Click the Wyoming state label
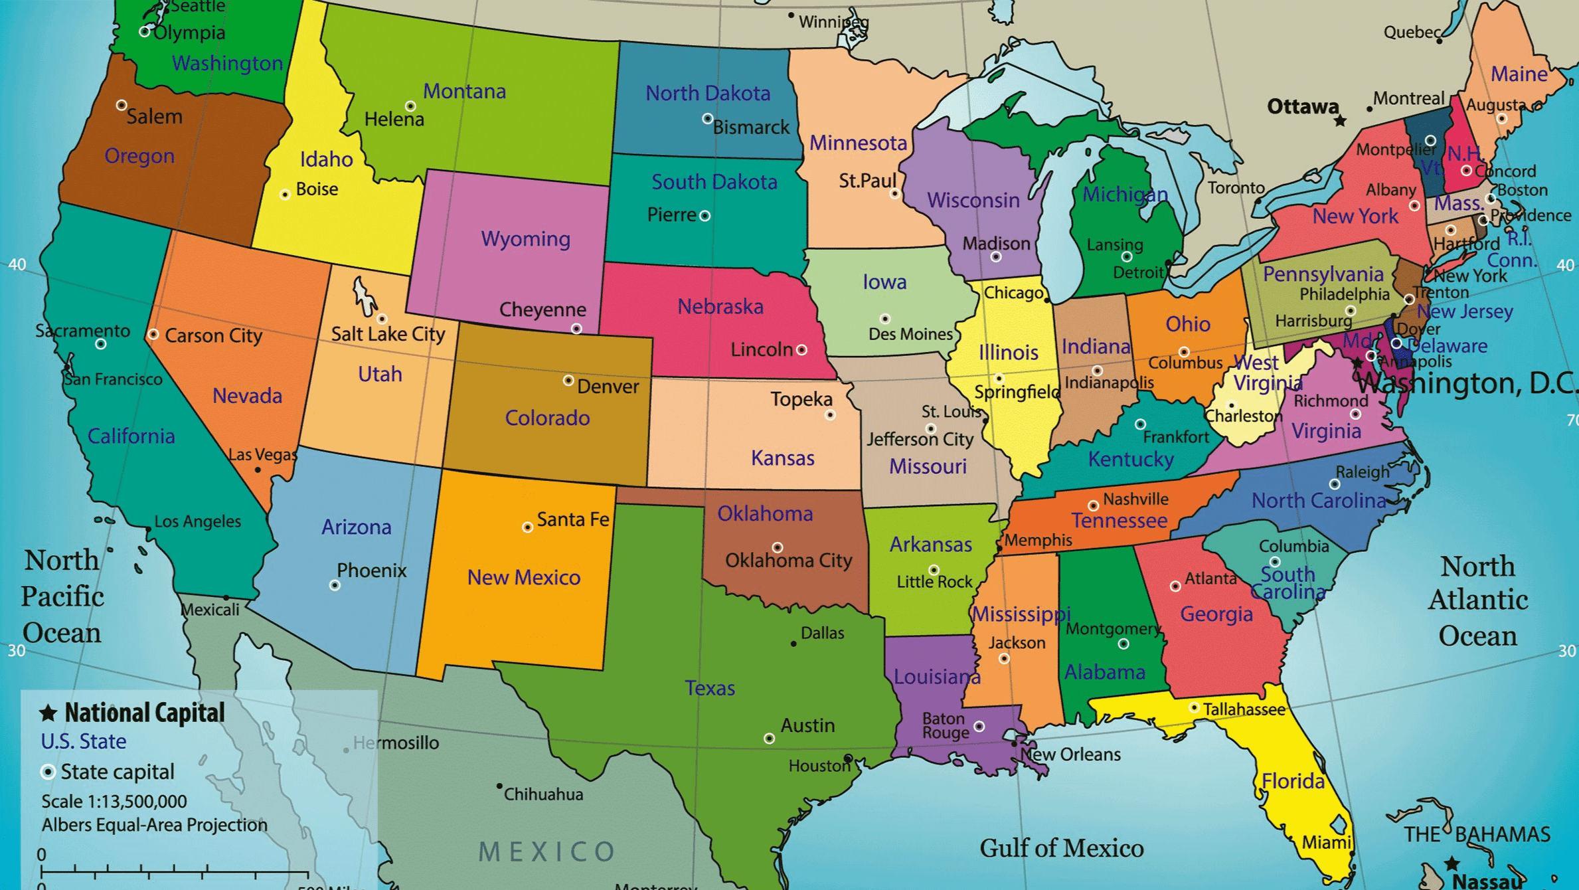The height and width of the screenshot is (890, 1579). tap(525, 238)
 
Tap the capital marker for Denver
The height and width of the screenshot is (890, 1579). tap(568, 381)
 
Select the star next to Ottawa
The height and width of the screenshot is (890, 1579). tap(1340, 121)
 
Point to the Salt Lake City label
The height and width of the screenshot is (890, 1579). tap(388, 333)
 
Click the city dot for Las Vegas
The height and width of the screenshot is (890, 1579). tap(258, 470)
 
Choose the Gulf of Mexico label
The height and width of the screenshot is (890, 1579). tap(1061, 848)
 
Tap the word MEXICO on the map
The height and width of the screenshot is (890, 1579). tap(547, 851)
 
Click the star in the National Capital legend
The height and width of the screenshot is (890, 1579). tap(48, 713)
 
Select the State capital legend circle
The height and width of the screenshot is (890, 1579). tap(47, 772)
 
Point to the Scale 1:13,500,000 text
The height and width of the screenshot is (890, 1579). tap(114, 802)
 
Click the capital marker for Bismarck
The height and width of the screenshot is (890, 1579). tap(707, 119)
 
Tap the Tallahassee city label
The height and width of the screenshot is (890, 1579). tap(1244, 710)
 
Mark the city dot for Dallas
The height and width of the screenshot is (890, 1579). tap(793, 644)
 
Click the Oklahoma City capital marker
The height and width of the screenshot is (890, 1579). tap(777, 547)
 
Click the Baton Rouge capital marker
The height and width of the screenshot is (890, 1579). tap(979, 727)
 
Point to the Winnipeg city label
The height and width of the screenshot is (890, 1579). tap(833, 22)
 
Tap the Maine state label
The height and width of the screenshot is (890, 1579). tap(1519, 74)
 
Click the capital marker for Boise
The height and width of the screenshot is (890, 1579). tap(285, 195)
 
